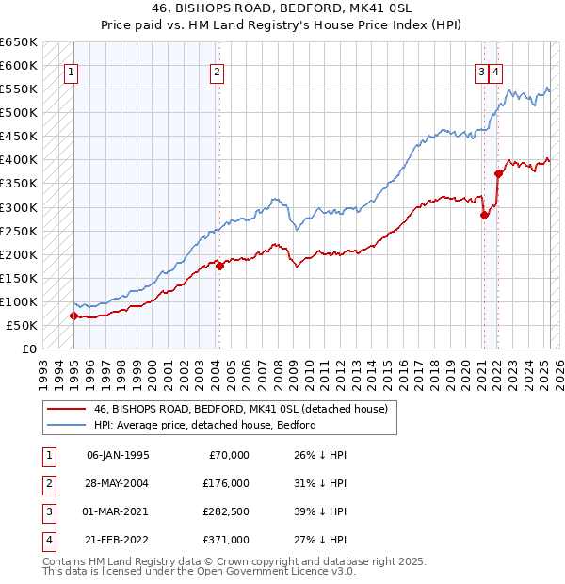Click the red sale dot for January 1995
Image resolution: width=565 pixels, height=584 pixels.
tap(73, 316)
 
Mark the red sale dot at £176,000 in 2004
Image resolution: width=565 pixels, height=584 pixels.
tap(219, 266)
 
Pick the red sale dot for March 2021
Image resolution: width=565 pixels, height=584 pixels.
tap(484, 215)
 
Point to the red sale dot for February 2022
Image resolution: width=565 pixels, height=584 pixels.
tap(498, 173)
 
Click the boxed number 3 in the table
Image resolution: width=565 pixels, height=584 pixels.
tap(46, 511)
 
